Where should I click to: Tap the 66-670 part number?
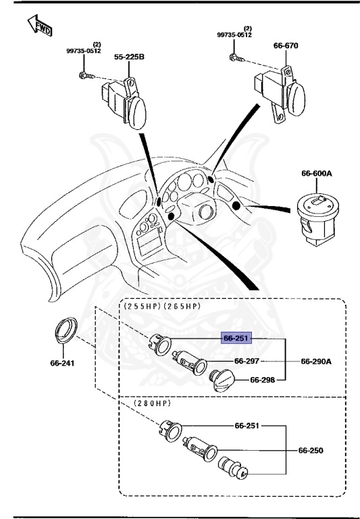coord(286,46)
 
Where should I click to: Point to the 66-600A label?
coord(317,174)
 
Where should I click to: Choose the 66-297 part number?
coord(247,361)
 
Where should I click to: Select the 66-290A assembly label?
coord(316,361)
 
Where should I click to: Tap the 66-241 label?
coord(62,363)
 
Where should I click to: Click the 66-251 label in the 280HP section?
coord(247,426)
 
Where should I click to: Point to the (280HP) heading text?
coord(152,403)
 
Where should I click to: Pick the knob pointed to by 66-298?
coord(222,381)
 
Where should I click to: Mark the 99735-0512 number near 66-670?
coord(234,34)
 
